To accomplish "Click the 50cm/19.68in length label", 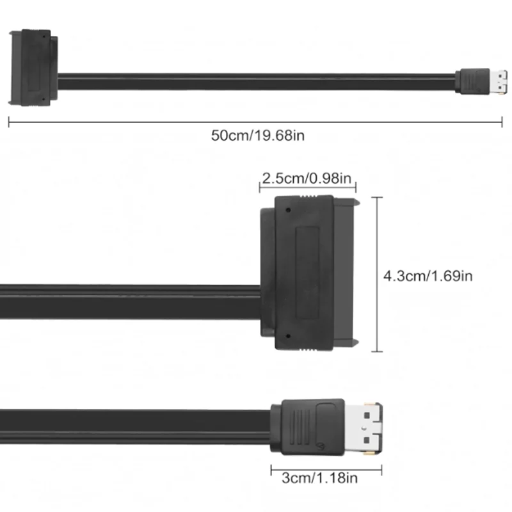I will (x=255, y=135).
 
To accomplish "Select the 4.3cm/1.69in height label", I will (x=428, y=276).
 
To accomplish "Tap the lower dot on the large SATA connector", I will (x=289, y=337).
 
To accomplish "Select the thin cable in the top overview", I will (x=256, y=81).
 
